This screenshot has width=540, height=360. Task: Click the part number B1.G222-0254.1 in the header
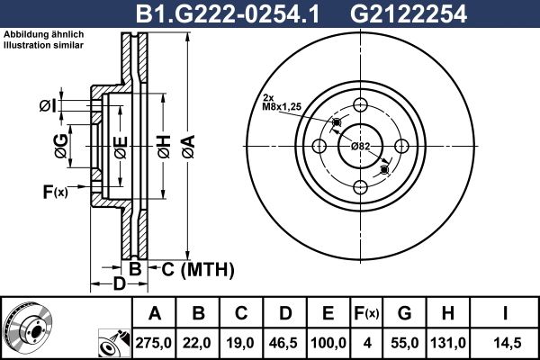click(x=228, y=14)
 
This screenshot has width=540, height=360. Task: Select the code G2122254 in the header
click(x=409, y=14)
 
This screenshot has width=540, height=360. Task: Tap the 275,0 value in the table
click(x=153, y=343)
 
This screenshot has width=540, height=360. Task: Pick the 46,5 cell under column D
click(x=284, y=343)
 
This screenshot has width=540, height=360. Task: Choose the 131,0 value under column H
click(x=447, y=343)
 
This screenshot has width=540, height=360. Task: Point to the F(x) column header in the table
click(x=367, y=313)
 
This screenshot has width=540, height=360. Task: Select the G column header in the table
click(x=404, y=313)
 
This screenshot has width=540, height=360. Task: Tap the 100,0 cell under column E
click(x=328, y=343)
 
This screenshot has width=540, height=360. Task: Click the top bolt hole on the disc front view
click(x=361, y=104)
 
